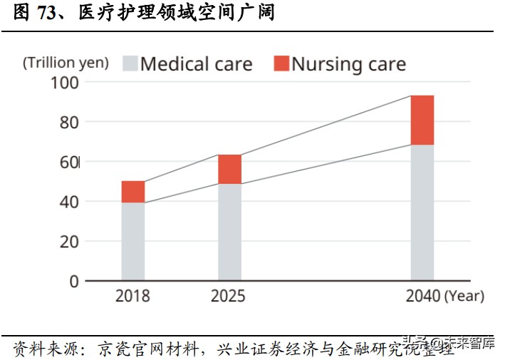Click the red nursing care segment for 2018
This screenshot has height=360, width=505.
click(x=133, y=192)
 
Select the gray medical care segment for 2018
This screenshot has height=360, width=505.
click(x=133, y=241)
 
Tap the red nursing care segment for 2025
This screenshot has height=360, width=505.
click(x=229, y=169)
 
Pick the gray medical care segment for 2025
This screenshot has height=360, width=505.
click(x=229, y=232)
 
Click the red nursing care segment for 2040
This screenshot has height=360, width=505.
click(x=422, y=120)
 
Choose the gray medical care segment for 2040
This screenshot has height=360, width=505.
click(x=422, y=212)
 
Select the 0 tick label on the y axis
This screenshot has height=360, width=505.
click(x=73, y=281)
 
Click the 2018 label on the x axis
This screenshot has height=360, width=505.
click(x=132, y=296)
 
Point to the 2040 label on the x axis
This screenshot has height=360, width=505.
click(x=422, y=296)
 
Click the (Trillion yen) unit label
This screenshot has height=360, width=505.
click(x=66, y=63)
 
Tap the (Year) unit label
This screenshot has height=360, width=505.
click(x=464, y=296)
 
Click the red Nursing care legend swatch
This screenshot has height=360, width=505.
click(x=281, y=63)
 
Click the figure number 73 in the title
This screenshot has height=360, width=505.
click(x=47, y=14)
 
